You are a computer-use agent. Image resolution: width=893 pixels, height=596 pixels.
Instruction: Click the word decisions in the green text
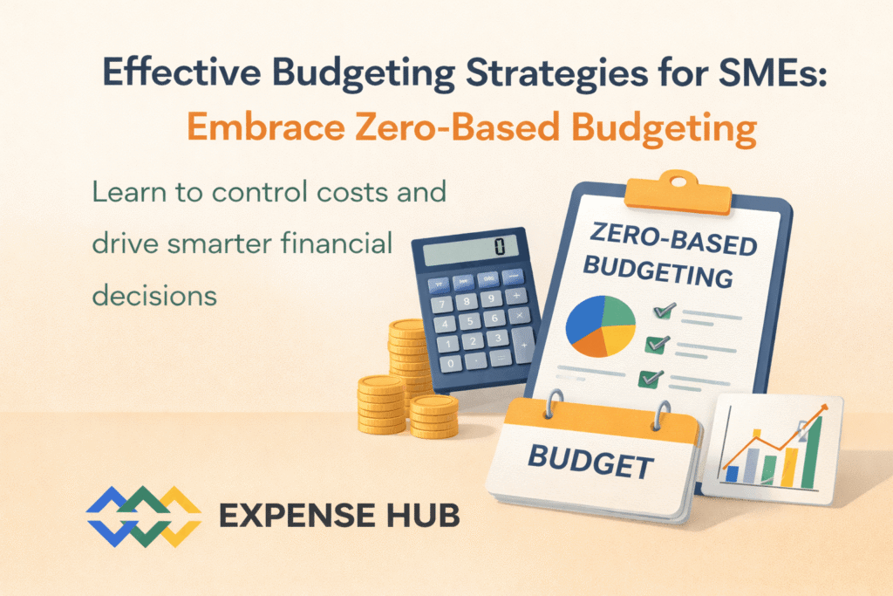[x=154, y=296]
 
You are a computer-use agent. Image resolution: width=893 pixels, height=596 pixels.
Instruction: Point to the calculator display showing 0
[x=470, y=249]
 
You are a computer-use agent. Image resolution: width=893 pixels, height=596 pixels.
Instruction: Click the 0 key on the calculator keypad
[x=451, y=363]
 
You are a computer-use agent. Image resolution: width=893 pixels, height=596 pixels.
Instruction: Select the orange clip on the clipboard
[x=677, y=193]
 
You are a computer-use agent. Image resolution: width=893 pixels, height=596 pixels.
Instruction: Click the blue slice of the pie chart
[x=583, y=318]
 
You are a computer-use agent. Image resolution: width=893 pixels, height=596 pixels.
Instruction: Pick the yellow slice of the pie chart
[x=618, y=339]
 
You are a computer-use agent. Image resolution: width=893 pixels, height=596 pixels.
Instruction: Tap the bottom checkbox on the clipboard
[x=650, y=379]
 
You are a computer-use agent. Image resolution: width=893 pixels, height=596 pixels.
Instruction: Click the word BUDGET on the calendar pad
[x=590, y=462]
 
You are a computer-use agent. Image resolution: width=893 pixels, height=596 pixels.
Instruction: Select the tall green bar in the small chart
[x=811, y=452]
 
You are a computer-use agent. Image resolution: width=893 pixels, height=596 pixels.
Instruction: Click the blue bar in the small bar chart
[x=733, y=474]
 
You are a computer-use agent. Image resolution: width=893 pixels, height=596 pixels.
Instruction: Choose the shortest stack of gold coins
[x=434, y=417]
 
